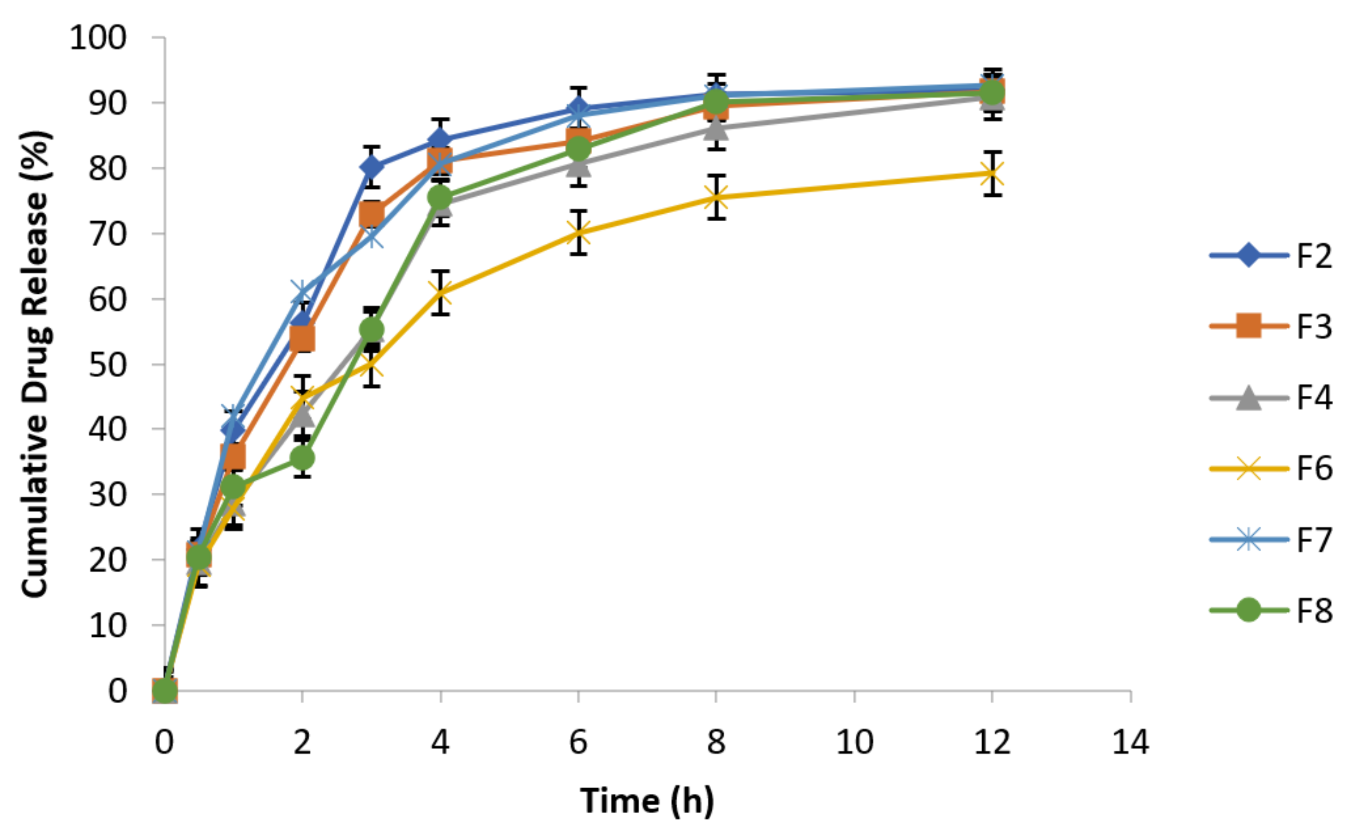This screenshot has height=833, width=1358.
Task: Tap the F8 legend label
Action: (1315, 611)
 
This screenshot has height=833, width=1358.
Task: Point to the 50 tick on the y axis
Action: (108, 364)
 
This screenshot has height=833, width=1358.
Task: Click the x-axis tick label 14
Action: (1130, 742)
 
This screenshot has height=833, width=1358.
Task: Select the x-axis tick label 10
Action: (854, 742)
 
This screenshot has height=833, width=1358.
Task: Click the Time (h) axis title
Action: (647, 801)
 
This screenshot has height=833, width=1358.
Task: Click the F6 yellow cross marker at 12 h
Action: (992, 174)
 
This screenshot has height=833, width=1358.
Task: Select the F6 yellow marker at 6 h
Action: (578, 232)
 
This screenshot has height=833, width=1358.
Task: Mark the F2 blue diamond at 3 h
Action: (372, 167)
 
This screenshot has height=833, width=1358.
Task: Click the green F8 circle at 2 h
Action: (302, 458)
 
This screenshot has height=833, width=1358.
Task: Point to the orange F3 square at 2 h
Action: (302, 338)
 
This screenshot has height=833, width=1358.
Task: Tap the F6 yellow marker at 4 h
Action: (440, 293)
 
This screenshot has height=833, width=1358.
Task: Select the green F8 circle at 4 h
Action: (440, 197)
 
